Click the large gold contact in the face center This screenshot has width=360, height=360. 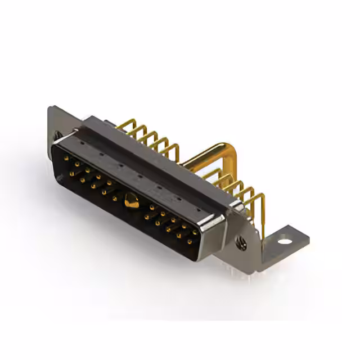[130, 200]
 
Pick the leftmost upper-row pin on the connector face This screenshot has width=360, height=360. [66, 159]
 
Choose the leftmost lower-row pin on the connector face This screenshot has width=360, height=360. [71, 173]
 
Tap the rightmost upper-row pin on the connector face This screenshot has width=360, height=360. [195, 231]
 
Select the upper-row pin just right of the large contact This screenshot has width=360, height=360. [152, 207]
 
